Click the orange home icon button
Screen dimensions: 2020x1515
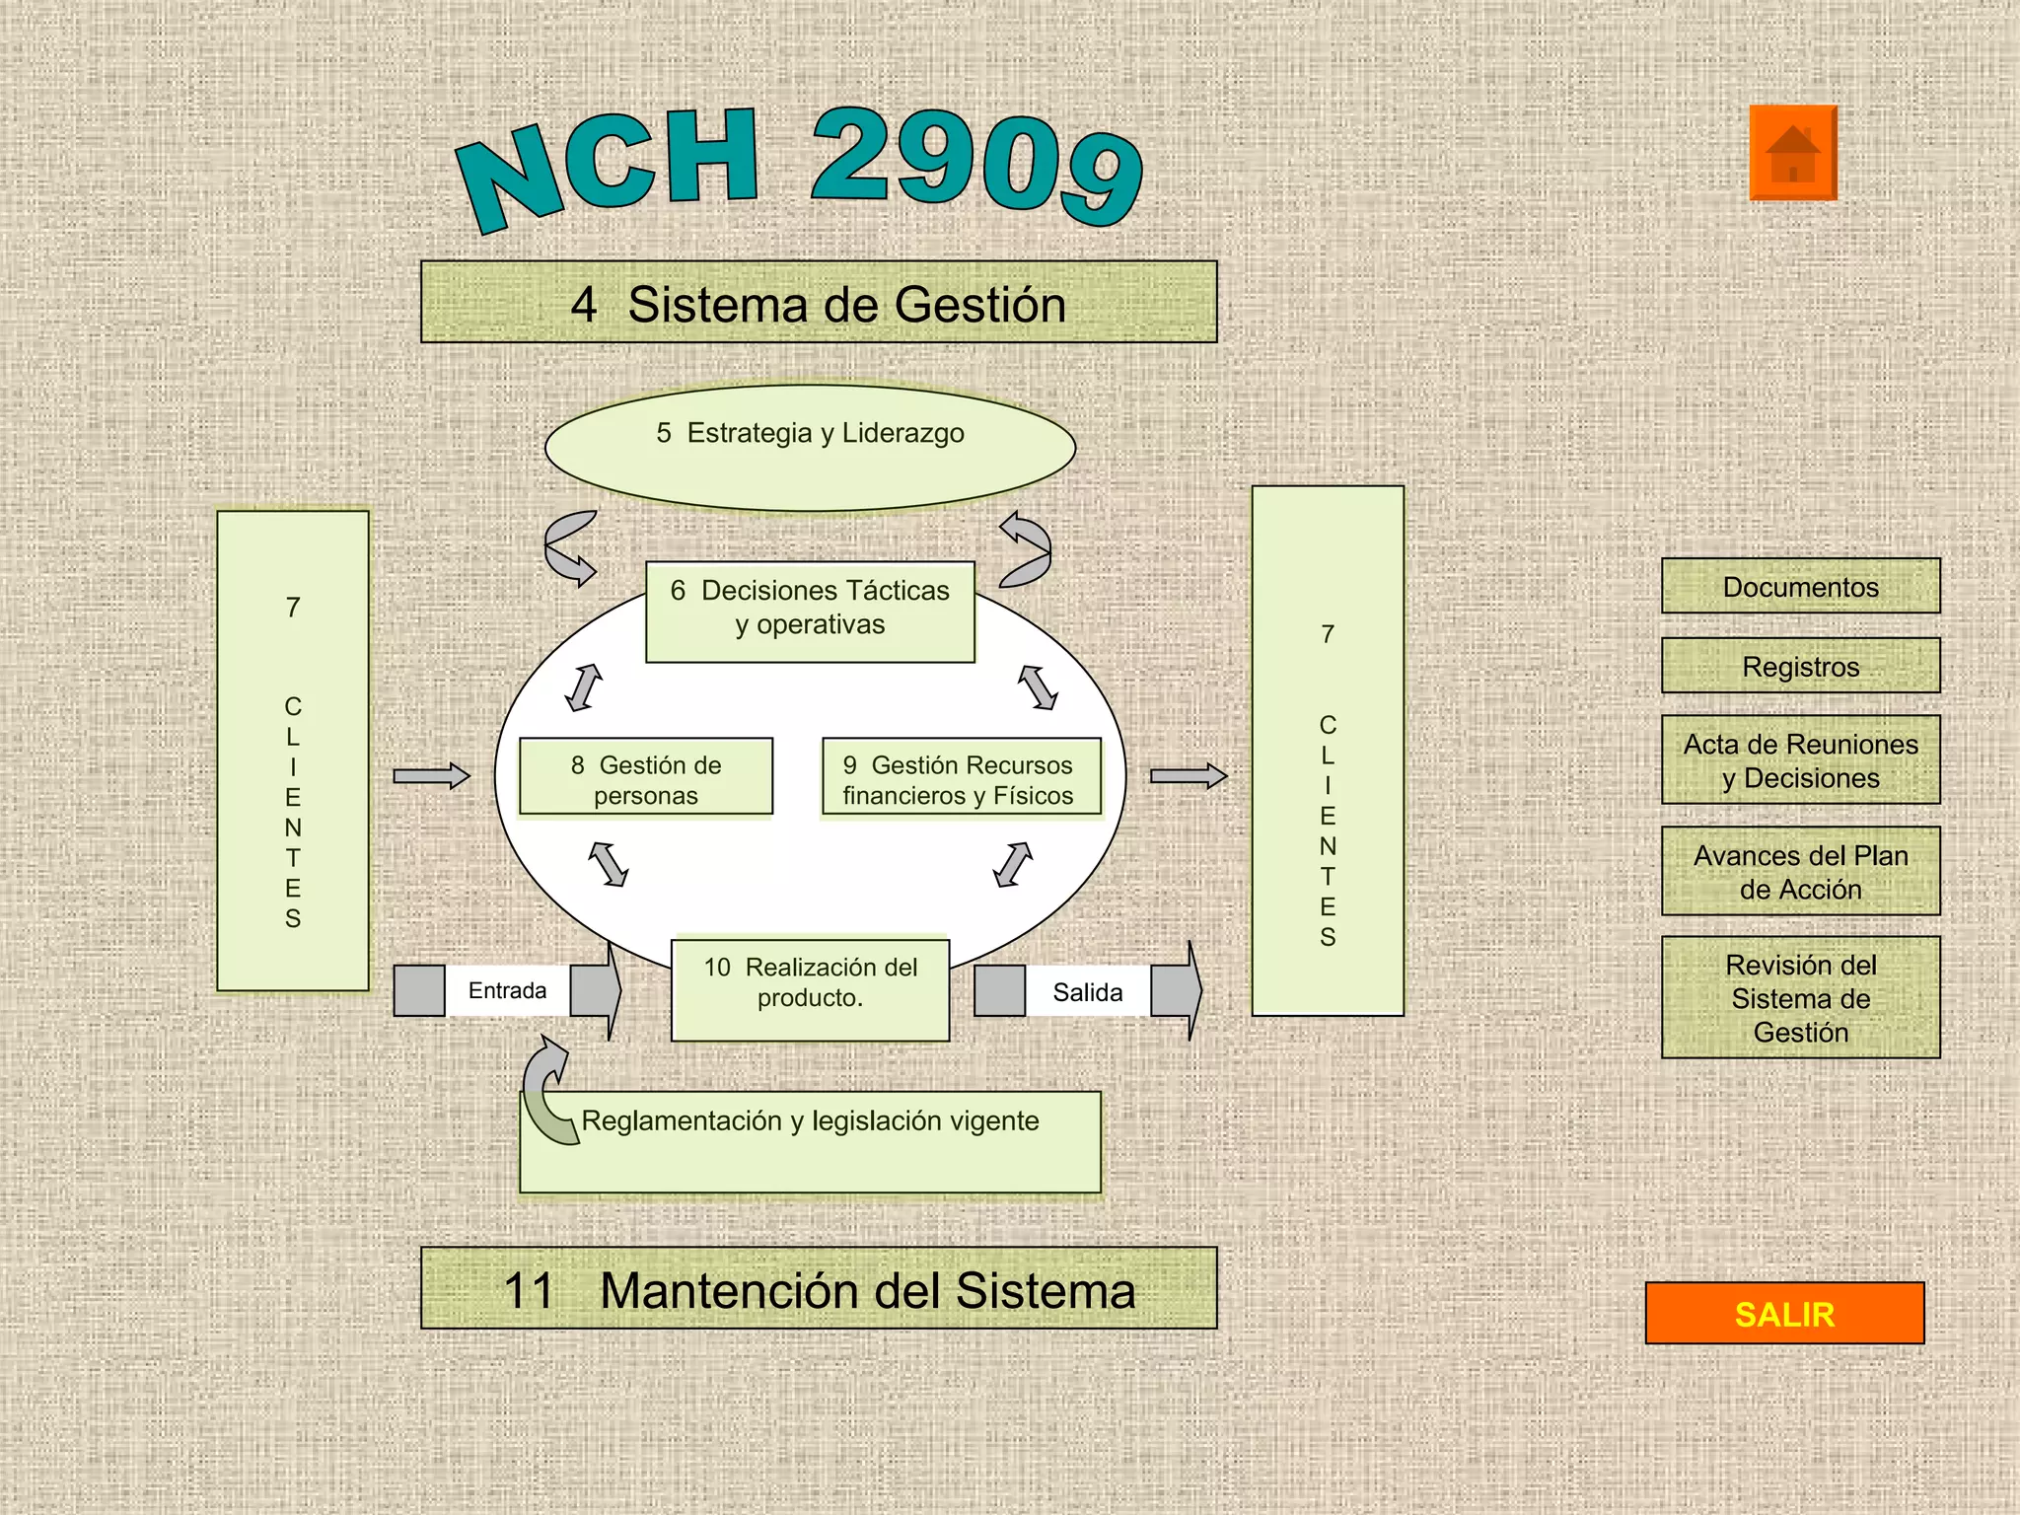[x=1792, y=153]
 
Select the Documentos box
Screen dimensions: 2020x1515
[x=1800, y=587]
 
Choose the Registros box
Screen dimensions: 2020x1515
[x=1800, y=666]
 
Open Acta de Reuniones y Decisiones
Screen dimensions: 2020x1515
[x=1800, y=760]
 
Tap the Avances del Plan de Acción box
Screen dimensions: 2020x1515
[x=1800, y=872]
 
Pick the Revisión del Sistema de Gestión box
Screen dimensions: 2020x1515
[x=1800, y=997]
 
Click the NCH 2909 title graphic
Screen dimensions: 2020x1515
[x=799, y=168]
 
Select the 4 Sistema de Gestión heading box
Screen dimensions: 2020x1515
[x=819, y=303]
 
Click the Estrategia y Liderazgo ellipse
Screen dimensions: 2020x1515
[x=810, y=449]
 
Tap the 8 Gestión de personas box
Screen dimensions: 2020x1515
[x=646, y=779]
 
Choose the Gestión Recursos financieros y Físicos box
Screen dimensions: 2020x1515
[x=961, y=779]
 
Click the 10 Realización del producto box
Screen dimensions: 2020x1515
[x=810, y=987]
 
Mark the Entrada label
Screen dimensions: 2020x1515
[x=507, y=990]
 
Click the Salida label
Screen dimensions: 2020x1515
[x=1087, y=992]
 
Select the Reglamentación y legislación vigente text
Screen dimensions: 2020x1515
[x=810, y=1121]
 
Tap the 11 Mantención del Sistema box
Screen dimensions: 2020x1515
[x=819, y=1289]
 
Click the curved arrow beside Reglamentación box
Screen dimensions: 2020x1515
[x=545, y=1090]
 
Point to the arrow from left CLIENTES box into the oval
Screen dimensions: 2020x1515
[x=431, y=776]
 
